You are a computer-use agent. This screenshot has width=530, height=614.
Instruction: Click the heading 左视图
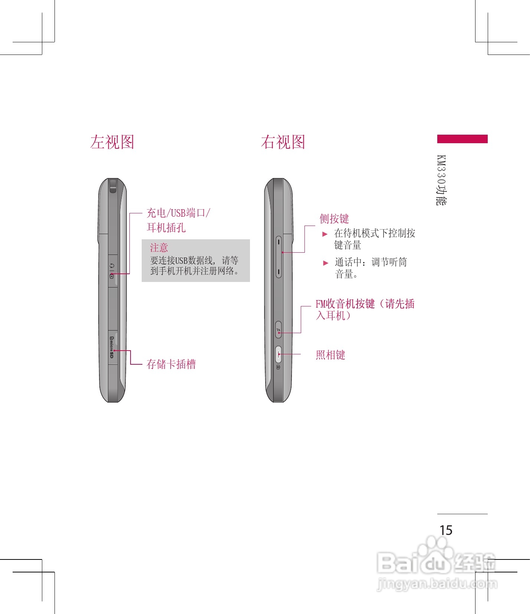[x=112, y=142]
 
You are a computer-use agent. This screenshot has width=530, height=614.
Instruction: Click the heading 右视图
[x=283, y=142]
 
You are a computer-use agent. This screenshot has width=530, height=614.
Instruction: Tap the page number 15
[x=446, y=530]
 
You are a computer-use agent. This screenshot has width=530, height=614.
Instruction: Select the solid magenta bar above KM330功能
[x=462, y=139]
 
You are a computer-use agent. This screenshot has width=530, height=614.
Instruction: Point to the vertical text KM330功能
[x=441, y=180]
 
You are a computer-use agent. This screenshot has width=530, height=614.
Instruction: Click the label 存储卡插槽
[x=171, y=364]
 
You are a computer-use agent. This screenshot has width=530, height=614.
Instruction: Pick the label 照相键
[x=330, y=355]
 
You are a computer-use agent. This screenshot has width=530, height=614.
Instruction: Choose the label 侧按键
[x=334, y=219]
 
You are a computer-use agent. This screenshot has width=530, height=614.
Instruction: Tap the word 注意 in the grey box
[x=159, y=247]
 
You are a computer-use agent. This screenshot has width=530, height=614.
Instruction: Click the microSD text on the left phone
[x=112, y=348]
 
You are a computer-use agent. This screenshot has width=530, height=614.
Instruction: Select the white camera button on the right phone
[x=278, y=354]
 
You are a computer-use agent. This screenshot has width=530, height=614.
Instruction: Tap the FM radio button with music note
[x=278, y=329]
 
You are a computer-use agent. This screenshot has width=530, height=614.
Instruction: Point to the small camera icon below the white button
[x=278, y=367]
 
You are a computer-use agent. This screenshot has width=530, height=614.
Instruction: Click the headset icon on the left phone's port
[x=112, y=266]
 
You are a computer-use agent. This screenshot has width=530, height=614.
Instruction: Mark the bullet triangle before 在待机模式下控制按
[x=325, y=234]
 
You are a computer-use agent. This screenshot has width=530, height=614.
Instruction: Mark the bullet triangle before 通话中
[x=326, y=263]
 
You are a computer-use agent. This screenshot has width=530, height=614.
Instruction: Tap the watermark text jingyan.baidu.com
[x=437, y=584]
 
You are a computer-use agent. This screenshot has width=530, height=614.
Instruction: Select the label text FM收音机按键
[x=345, y=304]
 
